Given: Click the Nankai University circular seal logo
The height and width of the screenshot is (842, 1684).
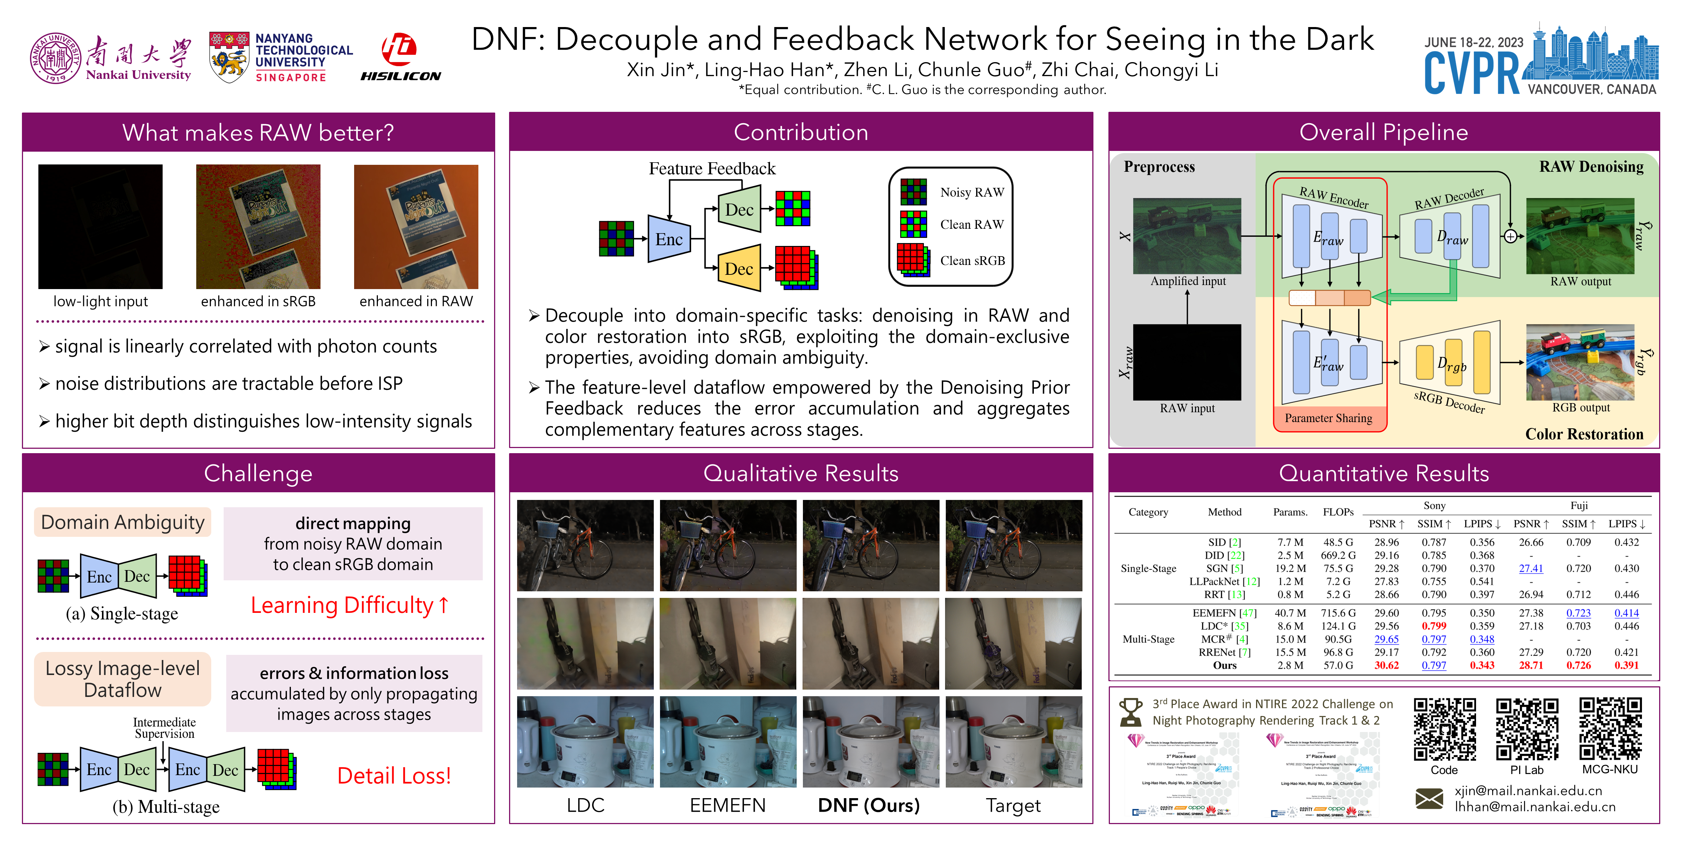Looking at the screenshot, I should point(56,58).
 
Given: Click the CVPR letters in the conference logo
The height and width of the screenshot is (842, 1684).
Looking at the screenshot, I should point(1472,73).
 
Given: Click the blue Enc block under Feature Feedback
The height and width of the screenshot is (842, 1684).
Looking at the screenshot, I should point(669,239).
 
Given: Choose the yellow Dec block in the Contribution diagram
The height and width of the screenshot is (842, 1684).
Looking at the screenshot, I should point(739,268).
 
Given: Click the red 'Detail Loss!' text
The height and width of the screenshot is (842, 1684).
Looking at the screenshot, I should point(394,776).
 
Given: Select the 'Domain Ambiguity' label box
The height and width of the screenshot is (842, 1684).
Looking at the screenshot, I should point(122,522).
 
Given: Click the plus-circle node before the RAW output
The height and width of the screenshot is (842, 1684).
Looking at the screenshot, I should point(1510,237).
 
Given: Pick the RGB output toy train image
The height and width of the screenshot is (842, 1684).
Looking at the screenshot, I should point(1580,362).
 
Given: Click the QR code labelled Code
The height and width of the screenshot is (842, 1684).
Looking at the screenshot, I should point(1444,729).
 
